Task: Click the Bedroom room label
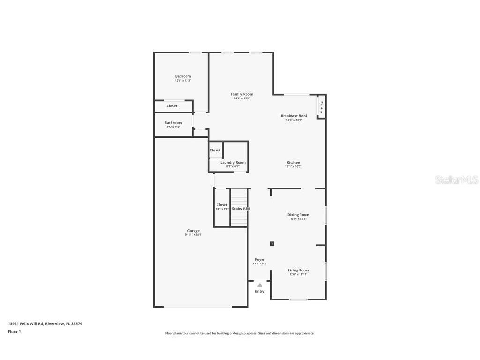[183, 76]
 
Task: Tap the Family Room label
[242, 94]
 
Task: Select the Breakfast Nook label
[294, 116]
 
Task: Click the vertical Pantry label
[322, 107]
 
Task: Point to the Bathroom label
[173, 123]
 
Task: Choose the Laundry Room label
[233, 162]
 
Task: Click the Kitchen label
[293, 163]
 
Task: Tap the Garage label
[194, 231]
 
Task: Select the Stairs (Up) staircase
[240, 208]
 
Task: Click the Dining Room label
[298, 215]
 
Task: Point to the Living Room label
[298, 270]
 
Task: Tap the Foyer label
[260, 259]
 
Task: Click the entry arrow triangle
[260, 285]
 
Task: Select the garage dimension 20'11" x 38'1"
[194, 235]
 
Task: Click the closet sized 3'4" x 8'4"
[222, 207]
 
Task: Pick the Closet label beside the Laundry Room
[215, 150]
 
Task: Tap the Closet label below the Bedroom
[172, 106]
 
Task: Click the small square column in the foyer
[272, 244]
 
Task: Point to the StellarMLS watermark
[457, 180]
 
